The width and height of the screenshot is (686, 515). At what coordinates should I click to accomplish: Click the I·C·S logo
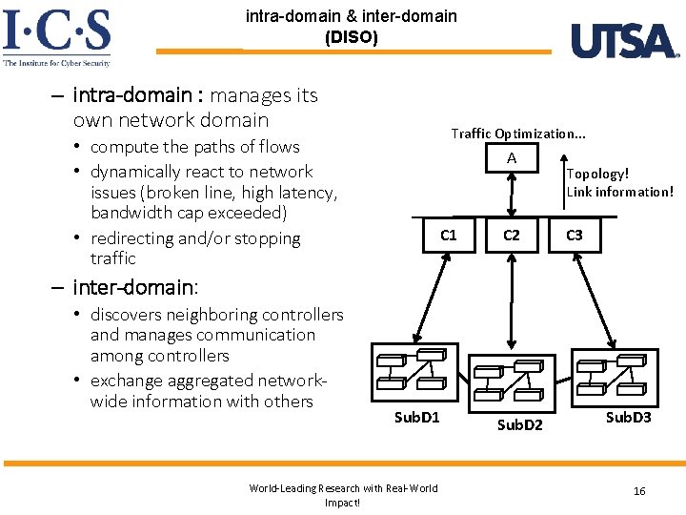click(x=57, y=36)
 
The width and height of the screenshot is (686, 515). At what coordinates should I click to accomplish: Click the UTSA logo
click(x=624, y=41)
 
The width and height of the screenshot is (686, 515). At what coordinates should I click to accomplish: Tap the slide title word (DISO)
click(x=351, y=38)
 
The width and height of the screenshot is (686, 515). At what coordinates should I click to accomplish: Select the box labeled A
click(x=512, y=158)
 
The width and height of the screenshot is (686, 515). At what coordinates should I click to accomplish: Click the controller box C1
click(x=448, y=235)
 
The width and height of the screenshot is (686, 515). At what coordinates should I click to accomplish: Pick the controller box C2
click(x=512, y=235)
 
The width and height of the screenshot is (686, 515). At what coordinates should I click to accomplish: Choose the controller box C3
click(x=575, y=235)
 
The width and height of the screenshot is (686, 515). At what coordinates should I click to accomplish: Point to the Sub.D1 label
click(x=417, y=418)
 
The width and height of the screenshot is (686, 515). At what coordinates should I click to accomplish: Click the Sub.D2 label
click(x=519, y=424)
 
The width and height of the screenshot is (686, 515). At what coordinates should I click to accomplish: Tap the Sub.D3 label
click(x=628, y=418)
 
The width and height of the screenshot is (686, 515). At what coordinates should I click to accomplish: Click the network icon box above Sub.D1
click(x=416, y=372)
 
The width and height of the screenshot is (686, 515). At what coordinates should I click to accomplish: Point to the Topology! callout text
click(x=597, y=174)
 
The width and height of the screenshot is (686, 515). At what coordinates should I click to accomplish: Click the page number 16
click(x=639, y=490)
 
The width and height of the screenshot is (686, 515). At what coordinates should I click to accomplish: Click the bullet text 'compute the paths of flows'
click(x=194, y=147)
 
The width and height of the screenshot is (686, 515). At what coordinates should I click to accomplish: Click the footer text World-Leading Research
click(x=343, y=488)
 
